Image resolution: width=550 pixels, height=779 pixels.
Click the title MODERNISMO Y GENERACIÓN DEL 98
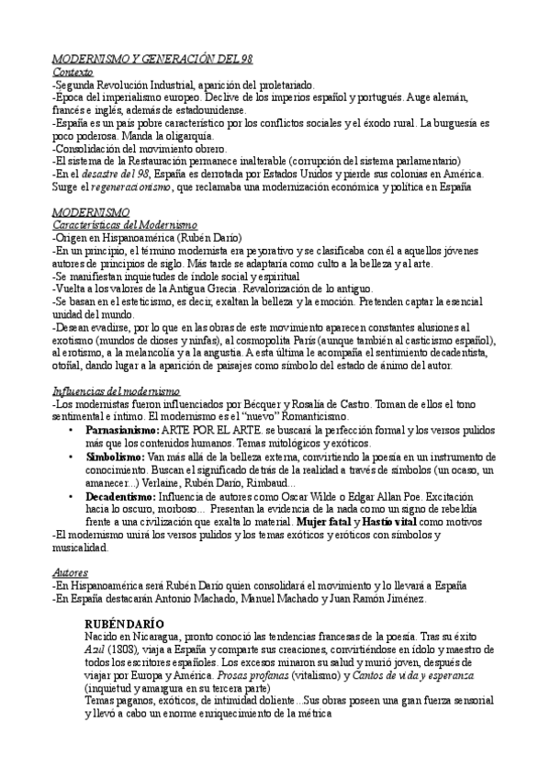152,59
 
